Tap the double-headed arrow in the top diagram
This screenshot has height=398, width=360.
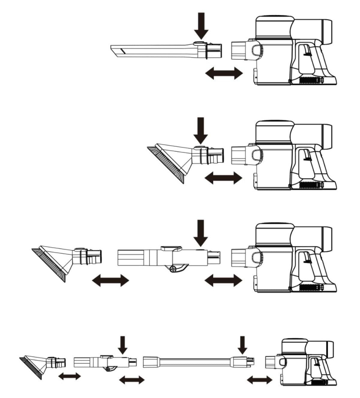coord(224,73)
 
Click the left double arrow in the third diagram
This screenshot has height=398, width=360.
coord(110,280)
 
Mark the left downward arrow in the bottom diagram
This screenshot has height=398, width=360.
coord(122,345)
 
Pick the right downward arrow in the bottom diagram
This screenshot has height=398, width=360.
coord(242,345)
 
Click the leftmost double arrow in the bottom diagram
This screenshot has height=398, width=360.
coord(69,376)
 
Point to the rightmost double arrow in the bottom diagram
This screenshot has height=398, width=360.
coord(260,380)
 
